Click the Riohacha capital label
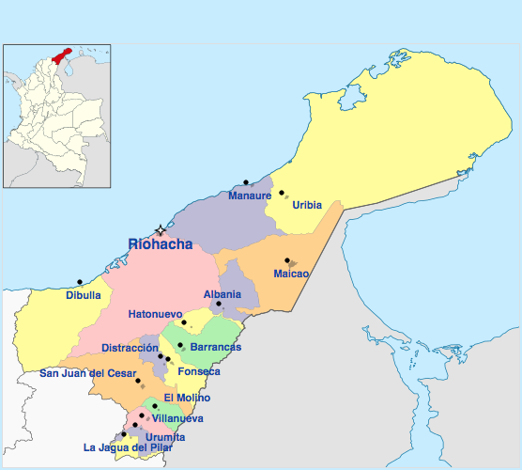(161, 244)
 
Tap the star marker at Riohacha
(161, 229)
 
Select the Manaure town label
(249, 196)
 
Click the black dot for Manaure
(246, 181)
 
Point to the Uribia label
(307, 204)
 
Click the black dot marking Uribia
(282, 193)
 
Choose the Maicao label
(291, 274)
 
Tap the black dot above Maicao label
(286, 260)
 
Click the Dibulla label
(84, 294)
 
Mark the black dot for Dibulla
(80, 281)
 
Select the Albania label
(223, 294)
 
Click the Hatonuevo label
(155, 313)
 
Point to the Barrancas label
(216, 347)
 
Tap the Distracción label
(130, 347)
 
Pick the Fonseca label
(199, 371)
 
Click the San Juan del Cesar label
(87, 372)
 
